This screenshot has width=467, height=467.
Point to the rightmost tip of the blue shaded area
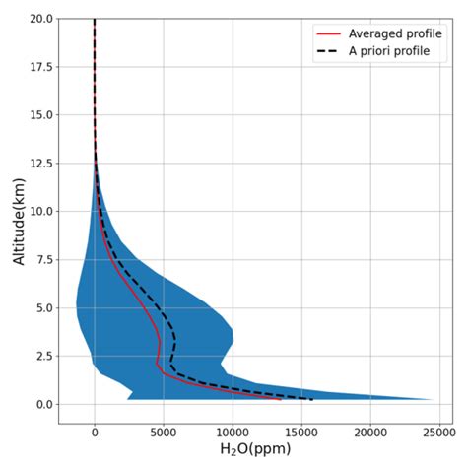pos(432,399)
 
